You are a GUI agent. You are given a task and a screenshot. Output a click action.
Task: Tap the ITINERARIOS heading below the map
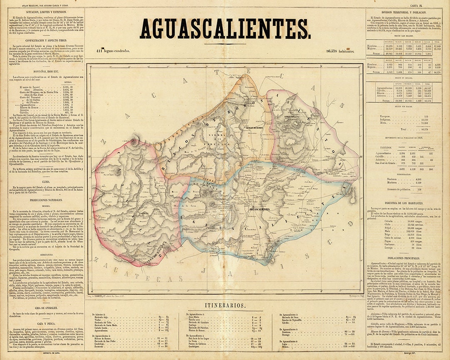225,305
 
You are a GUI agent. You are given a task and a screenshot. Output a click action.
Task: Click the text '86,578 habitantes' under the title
340,51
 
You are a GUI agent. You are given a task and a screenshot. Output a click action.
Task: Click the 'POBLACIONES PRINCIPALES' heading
407,258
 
